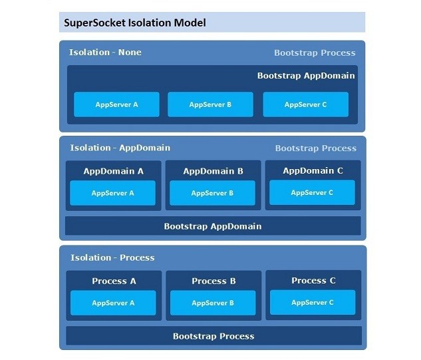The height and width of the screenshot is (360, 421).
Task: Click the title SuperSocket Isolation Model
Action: coord(135,23)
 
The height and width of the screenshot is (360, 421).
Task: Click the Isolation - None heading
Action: coord(105,52)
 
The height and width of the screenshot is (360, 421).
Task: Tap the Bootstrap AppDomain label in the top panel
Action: coord(306,76)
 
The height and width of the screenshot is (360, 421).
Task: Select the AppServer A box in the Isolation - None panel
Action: coord(116,104)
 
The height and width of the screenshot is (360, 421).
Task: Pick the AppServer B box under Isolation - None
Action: coord(210,104)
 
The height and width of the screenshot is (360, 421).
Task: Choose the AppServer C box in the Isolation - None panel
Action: coord(305,104)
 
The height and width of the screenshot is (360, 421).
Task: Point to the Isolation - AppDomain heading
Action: coord(120,148)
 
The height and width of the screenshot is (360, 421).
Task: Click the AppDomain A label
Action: coord(113,171)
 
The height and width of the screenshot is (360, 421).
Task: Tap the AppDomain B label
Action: coord(213,171)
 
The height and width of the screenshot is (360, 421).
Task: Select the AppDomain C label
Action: coord(313,170)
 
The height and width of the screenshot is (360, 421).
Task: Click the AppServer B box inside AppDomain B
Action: coord(212,193)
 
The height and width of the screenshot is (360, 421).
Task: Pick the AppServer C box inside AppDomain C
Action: coord(312,192)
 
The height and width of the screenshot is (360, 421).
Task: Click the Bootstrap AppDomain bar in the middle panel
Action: coord(213,226)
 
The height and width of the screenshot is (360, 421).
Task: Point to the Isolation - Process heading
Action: coord(112,258)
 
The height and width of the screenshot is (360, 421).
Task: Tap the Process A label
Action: coord(114,281)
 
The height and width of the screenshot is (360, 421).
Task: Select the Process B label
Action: coord(213,281)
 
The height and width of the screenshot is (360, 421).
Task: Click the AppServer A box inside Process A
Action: coord(113,303)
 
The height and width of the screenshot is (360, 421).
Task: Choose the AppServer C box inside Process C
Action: coord(313,302)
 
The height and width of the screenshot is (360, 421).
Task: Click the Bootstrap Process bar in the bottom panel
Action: coord(213,336)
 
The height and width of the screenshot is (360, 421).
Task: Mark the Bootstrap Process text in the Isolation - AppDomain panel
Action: coord(315,148)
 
